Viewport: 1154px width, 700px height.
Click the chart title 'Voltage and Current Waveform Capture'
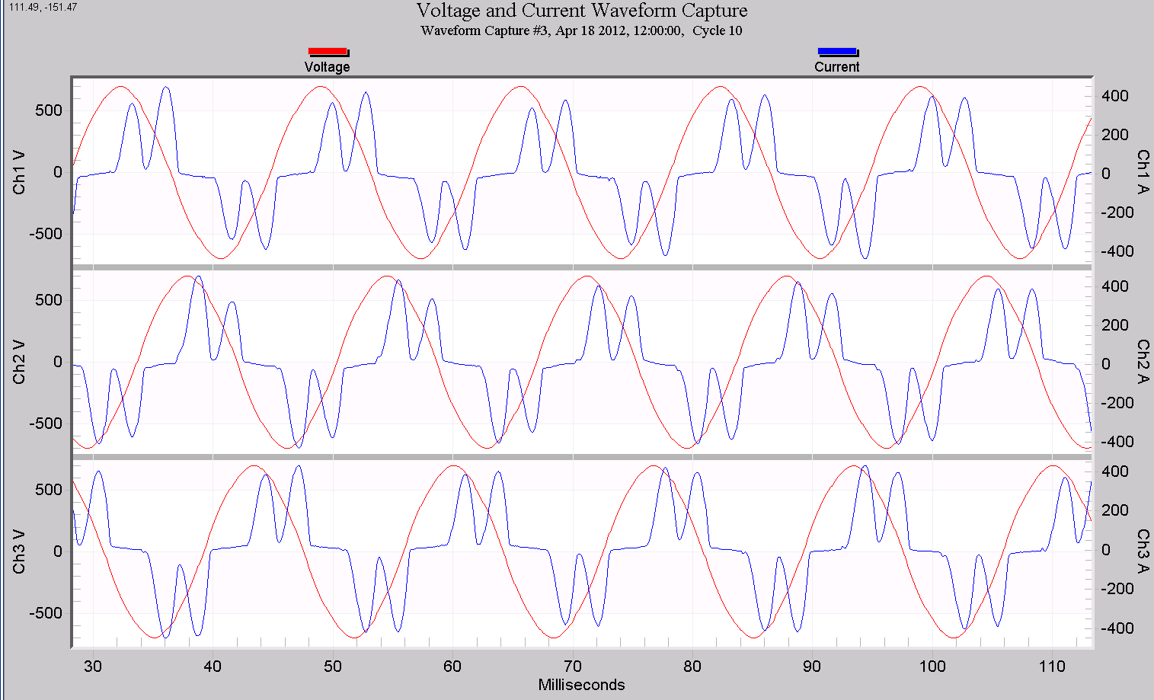[x=581, y=11]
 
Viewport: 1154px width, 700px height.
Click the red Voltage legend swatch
[x=328, y=52]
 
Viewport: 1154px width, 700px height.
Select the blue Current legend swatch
[x=837, y=52]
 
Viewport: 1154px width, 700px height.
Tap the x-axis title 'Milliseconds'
[x=581, y=685]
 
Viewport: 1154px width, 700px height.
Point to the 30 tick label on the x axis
[x=93, y=666]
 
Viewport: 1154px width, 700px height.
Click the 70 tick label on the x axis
[x=572, y=666]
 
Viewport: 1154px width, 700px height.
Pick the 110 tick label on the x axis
[x=1052, y=666]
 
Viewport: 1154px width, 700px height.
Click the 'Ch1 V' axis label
[x=19, y=172]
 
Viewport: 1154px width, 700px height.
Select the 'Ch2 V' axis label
[x=19, y=362]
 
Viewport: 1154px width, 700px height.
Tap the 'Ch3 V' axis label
[x=19, y=551]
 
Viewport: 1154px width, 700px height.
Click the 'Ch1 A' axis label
[x=1143, y=172]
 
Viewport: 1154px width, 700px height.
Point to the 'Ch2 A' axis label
[x=1143, y=362]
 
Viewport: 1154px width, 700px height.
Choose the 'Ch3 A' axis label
[x=1143, y=551]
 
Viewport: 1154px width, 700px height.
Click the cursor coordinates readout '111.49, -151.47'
[x=43, y=7]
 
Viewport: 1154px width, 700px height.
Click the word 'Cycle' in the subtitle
[x=708, y=30]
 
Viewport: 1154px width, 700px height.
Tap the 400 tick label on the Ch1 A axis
[x=1115, y=96]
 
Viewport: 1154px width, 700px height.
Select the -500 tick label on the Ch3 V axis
[x=46, y=613]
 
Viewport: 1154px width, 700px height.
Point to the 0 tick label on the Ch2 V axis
[x=58, y=362]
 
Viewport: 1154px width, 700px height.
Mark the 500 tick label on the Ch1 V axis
[x=49, y=110]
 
